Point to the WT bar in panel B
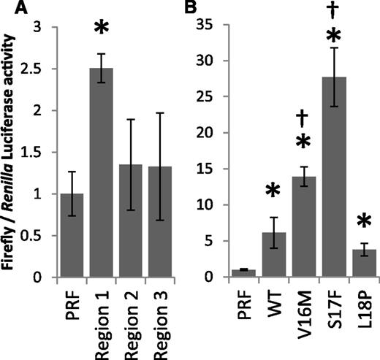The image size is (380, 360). point(255,255)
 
